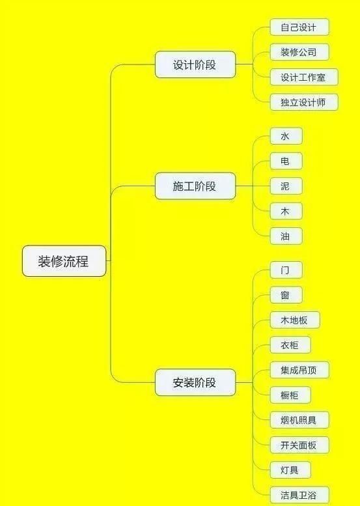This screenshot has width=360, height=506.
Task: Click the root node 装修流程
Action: tap(64, 260)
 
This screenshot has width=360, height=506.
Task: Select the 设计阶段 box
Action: tap(195, 64)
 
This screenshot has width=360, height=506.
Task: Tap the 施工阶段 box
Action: tap(195, 186)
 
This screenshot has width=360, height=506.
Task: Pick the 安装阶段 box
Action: tap(195, 382)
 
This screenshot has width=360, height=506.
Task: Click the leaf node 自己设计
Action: tap(299, 27)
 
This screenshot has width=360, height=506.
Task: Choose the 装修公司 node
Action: tap(299, 52)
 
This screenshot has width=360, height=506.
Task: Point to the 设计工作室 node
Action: tap(304, 77)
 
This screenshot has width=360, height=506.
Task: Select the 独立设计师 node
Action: tap(304, 102)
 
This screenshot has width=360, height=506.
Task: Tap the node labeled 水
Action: tap(286, 136)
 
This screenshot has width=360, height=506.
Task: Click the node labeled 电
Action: tap(286, 161)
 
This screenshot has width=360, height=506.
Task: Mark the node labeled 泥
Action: tap(286, 186)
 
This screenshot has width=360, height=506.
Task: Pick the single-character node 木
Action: tap(286, 211)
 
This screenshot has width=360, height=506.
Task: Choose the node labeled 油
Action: tap(286, 236)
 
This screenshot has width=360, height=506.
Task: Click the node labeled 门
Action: tap(286, 270)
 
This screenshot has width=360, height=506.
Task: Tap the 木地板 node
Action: tap(295, 320)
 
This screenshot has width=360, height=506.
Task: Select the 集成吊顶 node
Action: tap(299, 370)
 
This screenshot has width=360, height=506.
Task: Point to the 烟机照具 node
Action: tap(299, 420)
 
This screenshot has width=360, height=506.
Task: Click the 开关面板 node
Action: tap(299, 445)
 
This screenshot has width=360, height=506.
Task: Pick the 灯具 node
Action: tap(290, 470)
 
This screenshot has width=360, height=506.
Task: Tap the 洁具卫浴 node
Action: tap(299, 496)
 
